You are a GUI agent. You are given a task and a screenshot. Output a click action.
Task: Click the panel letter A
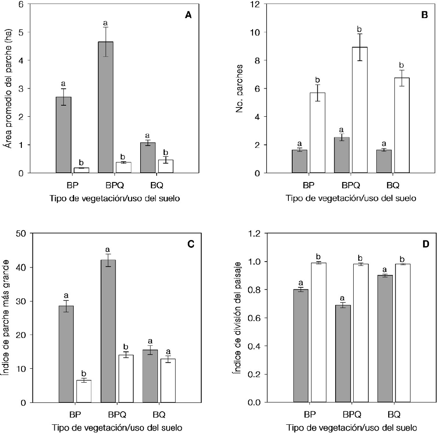click(188, 16)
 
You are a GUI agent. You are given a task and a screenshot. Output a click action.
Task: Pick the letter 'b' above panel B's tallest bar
click(359, 29)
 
